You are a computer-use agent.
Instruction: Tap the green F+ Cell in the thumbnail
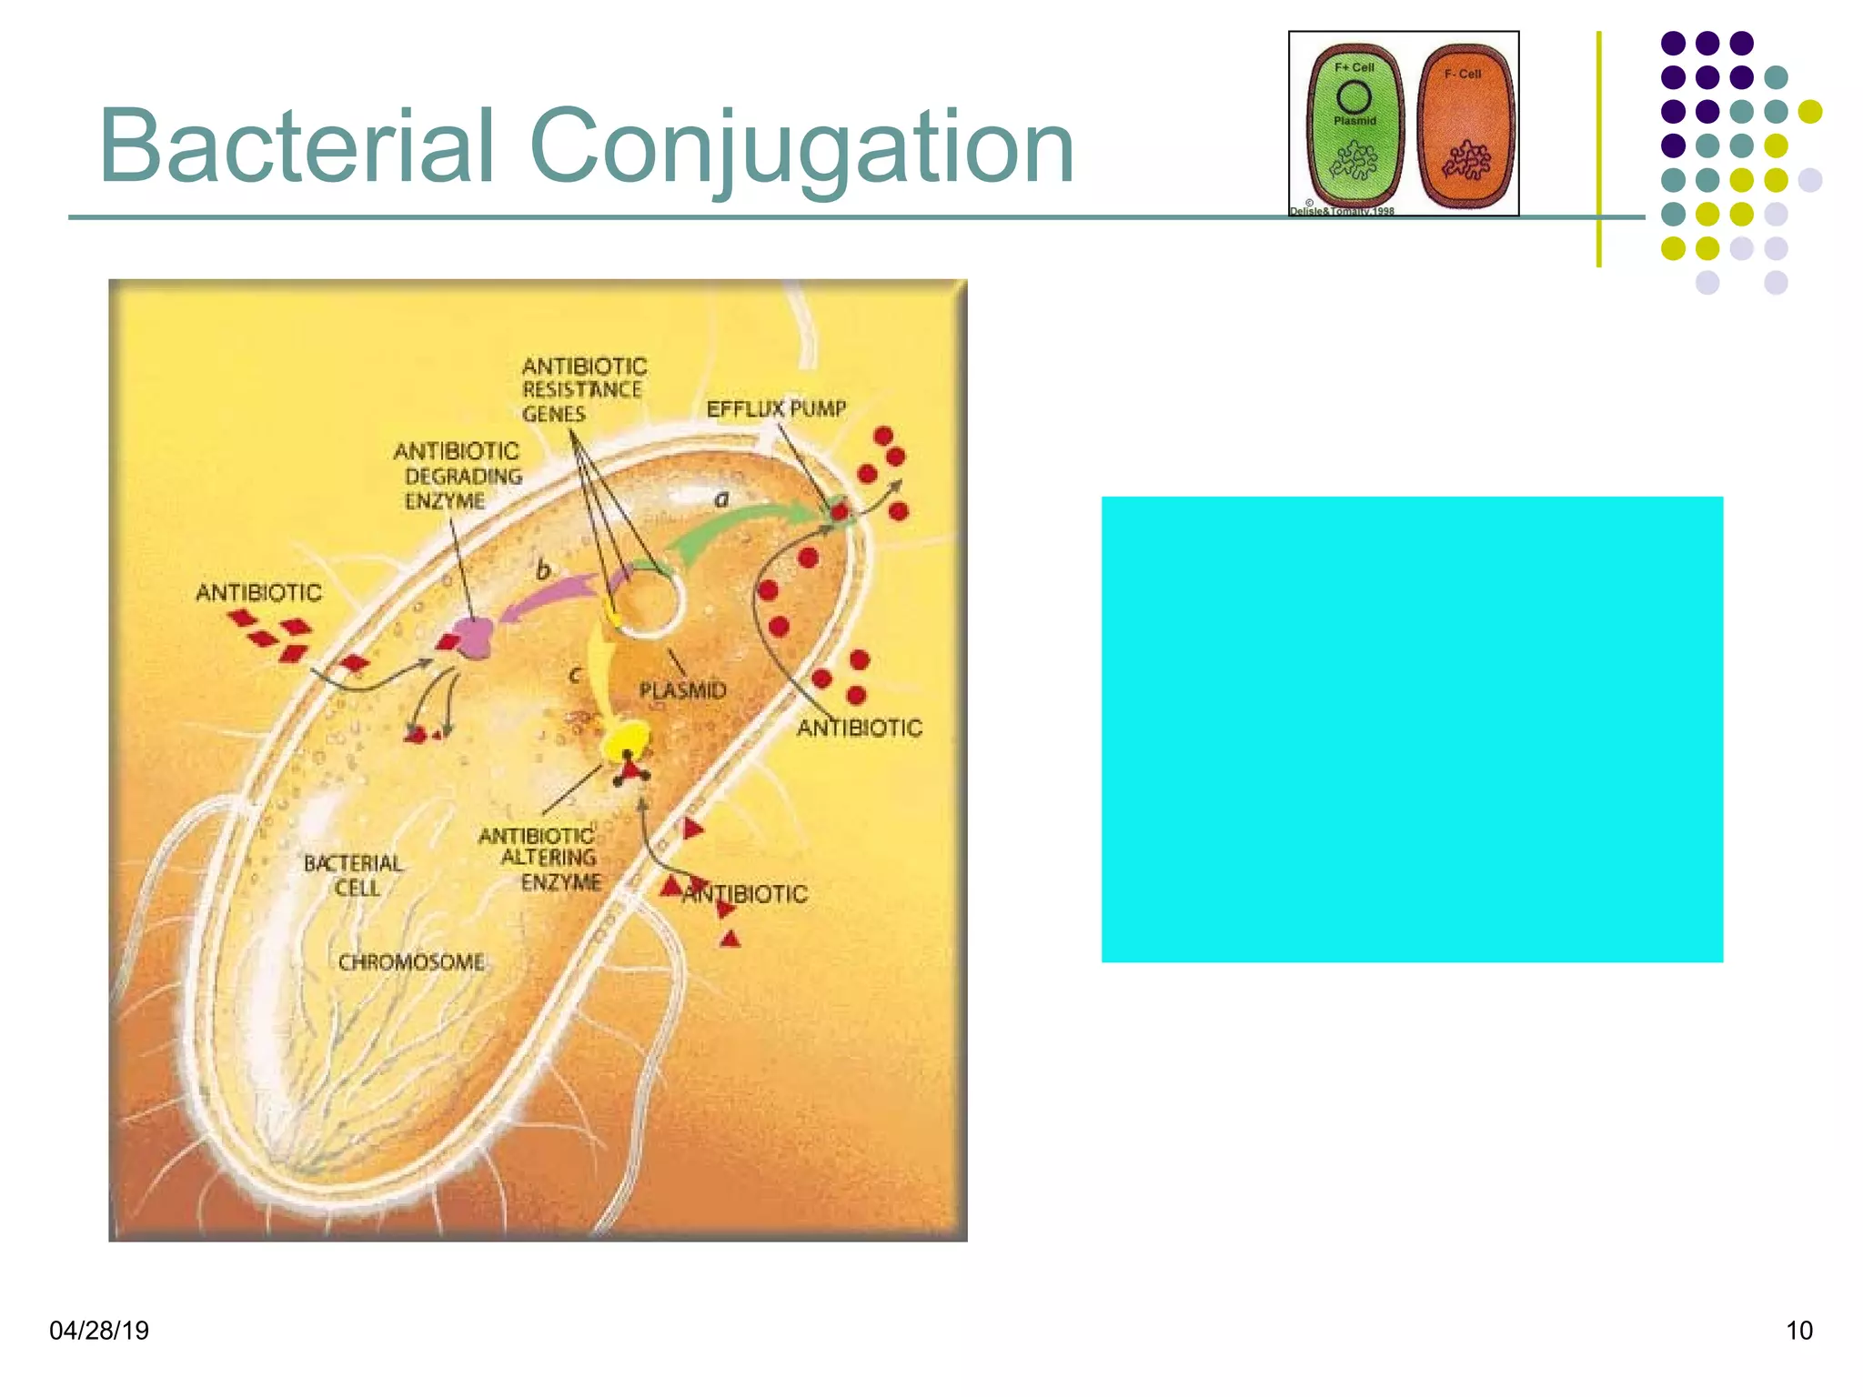pos(1354,127)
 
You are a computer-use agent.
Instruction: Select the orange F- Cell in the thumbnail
pos(1465,127)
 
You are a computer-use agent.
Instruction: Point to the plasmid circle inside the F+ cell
pos(1354,97)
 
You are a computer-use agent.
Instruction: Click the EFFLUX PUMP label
pos(776,409)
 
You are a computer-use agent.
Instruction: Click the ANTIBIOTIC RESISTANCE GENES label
pos(583,390)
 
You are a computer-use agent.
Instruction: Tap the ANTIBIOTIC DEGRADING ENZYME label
pos(458,476)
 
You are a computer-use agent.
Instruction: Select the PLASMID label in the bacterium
pos(682,690)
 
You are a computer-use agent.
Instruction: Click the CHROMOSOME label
pos(411,962)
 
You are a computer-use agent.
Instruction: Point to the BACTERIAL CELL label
pos(353,875)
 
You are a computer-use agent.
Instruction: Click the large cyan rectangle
pos(1412,729)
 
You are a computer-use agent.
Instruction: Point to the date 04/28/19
pos(99,1331)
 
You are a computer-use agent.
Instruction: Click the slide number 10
pos(1798,1331)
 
